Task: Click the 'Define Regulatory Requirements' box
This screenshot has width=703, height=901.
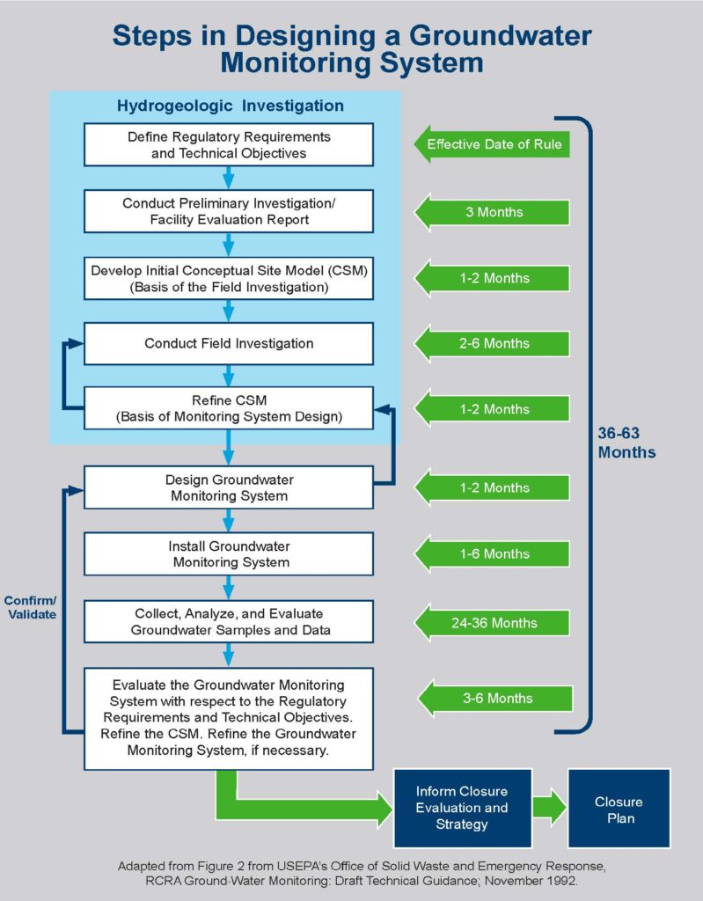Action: pos(229,145)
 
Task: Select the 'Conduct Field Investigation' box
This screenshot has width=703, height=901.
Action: pos(229,343)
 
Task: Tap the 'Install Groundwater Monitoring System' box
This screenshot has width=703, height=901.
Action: pos(229,553)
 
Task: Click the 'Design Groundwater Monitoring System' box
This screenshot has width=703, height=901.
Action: pos(229,487)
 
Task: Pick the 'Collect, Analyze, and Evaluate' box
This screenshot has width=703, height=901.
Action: pos(229,622)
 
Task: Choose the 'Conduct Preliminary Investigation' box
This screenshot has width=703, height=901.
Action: pos(229,211)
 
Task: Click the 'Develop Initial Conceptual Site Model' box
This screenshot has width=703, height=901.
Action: pos(229,277)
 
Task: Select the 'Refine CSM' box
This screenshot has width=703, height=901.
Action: pos(229,408)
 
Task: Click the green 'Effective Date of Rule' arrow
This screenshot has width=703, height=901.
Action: pos(493,144)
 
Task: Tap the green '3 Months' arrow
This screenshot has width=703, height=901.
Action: pos(493,212)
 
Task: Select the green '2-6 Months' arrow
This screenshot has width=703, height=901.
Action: pos(493,343)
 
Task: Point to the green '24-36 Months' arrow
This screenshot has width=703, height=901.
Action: pos(493,623)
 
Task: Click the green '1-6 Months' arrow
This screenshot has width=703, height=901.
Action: pos(493,554)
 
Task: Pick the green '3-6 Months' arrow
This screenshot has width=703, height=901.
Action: pos(493,699)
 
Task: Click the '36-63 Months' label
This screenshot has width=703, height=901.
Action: pos(626,442)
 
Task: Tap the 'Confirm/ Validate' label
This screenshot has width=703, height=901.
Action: pos(30,607)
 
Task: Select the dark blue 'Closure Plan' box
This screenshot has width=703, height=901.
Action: pos(619,809)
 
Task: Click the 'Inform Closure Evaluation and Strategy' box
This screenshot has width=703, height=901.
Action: pos(461,808)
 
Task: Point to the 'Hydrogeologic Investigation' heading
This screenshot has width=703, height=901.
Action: pos(231,106)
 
